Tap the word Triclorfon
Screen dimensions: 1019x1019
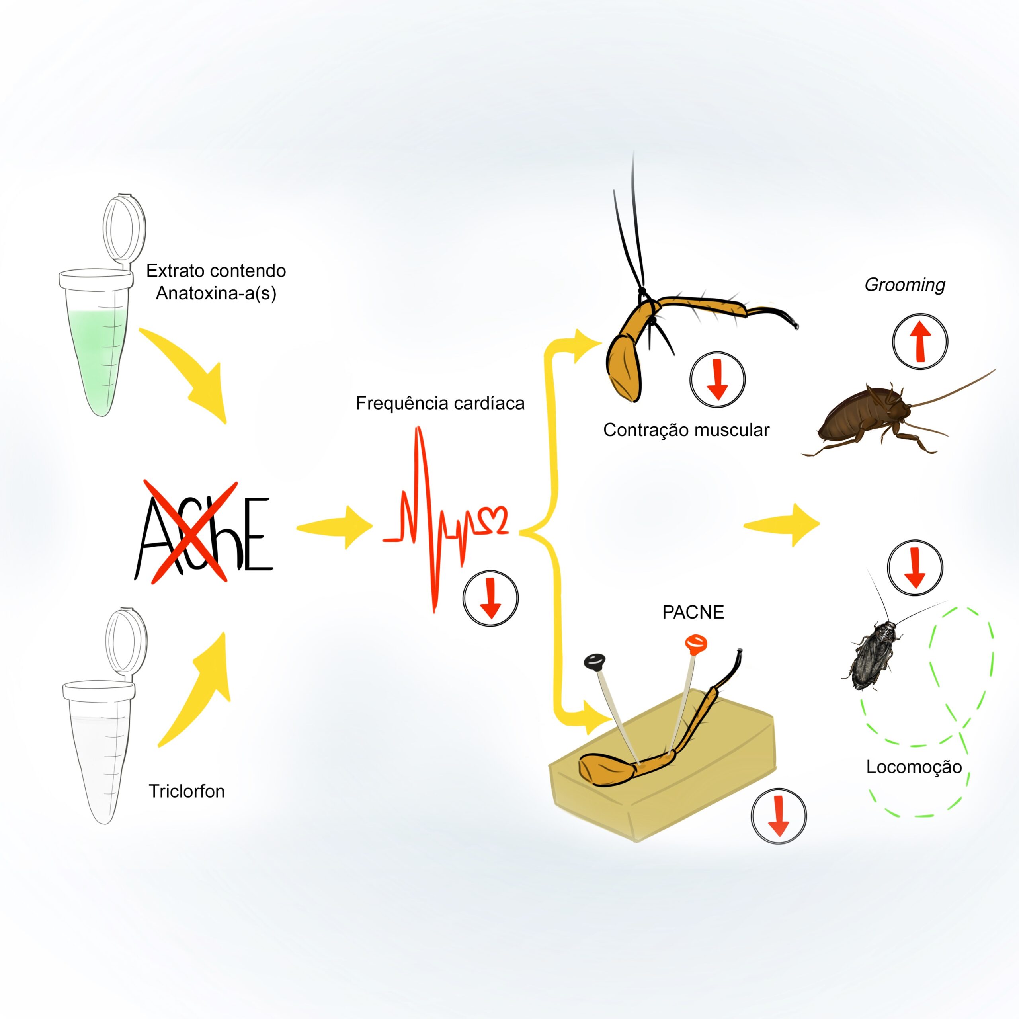coord(187,791)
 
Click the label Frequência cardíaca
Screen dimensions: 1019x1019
coord(440,404)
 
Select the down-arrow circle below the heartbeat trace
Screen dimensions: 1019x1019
coord(490,597)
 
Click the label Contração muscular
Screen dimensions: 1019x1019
coord(686,430)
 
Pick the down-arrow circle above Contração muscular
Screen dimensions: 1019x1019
coord(717,379)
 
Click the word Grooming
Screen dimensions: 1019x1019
coord(904,285)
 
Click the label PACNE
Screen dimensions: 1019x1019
coord(693,612)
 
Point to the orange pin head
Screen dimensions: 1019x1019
coord(696,644)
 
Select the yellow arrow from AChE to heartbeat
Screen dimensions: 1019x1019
coord(335,527)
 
